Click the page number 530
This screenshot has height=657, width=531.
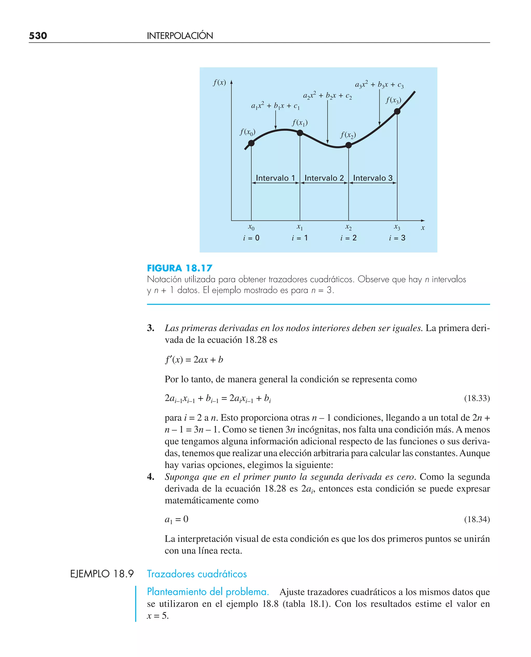[38, 36]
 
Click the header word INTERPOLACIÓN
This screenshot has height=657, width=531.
[180, 36]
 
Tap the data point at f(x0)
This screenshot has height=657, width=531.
[251, 143]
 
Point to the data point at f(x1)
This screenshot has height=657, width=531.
[300, 133]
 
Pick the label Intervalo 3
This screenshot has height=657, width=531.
[373, 178]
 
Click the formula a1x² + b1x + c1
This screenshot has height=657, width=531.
[275, 106]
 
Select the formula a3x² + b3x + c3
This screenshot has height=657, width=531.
[379, 85]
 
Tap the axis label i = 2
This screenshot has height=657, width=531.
[348, 238]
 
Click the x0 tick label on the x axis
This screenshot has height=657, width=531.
[251, 227]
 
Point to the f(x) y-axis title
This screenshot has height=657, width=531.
[219, 82]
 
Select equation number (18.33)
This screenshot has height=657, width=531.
[477, 398]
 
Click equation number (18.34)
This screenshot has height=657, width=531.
[477, 519]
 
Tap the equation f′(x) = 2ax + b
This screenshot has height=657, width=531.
[194, 360]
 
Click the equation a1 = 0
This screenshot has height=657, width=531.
[177, 519]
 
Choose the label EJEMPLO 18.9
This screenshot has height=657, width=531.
[102, 574]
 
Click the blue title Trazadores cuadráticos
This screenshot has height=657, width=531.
[197, 574]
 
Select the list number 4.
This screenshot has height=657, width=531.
[150, 477]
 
